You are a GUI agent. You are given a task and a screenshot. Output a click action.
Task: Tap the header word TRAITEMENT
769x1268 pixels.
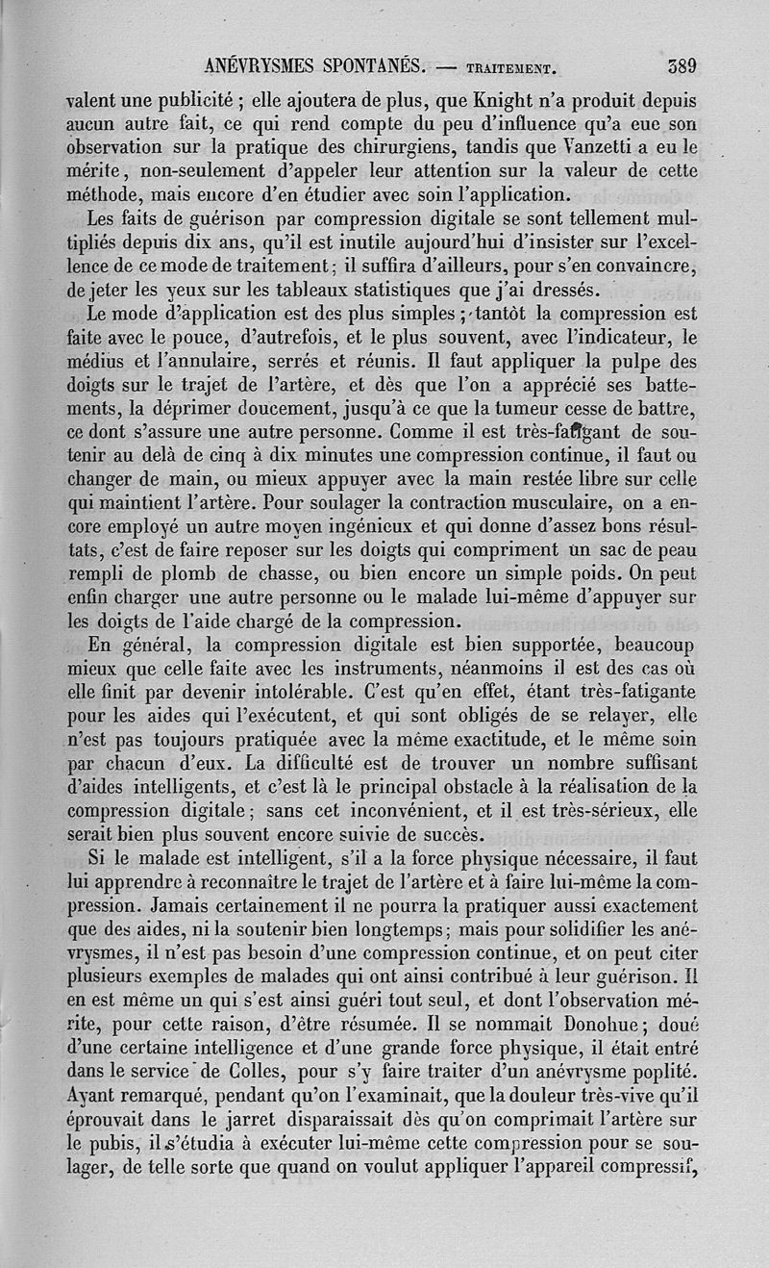coord(511,69)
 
